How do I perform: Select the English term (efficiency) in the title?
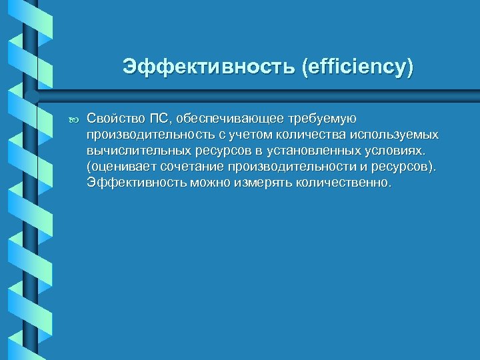(357, 67)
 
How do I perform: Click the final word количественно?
(339, 182)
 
